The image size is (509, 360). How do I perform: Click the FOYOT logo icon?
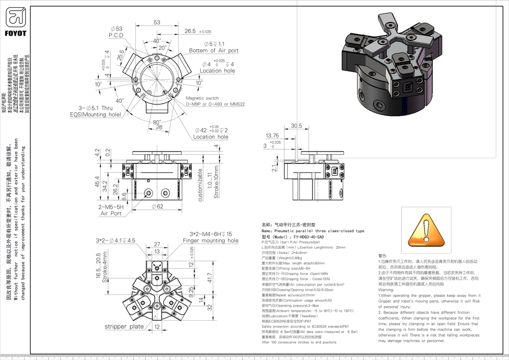point(16,18)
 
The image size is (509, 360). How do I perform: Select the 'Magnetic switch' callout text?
point(202,98)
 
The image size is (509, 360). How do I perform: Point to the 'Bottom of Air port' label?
point(214,50)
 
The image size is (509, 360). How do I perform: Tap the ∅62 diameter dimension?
point(158,206)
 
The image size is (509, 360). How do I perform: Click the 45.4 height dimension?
point(97,182)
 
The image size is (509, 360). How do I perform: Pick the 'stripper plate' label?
point(124,326)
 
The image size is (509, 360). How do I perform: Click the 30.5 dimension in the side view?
point(296,126)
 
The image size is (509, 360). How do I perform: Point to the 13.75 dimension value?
point(272,136)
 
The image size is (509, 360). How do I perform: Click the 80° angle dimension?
point(157,122)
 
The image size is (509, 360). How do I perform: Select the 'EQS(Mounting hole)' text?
point(96,115)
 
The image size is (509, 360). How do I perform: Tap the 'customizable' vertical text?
point(201,184)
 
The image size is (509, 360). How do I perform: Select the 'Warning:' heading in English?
point(387,289)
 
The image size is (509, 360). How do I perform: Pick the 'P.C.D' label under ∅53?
point(116,35)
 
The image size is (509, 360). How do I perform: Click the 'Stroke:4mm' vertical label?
point(105,269)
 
